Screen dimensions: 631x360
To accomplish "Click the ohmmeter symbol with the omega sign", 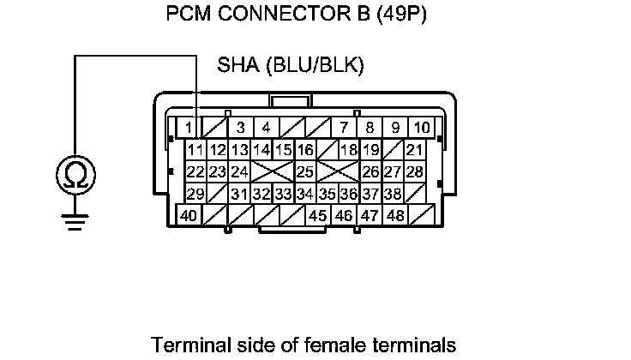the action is [75, 177].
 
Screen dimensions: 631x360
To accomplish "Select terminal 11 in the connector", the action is [195, 150].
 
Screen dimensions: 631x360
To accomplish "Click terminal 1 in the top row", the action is [187, 129].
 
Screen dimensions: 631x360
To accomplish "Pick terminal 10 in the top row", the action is [422, 129].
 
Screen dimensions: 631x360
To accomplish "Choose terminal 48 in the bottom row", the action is [395, 216].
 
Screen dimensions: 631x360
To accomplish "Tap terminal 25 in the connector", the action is [305, 172].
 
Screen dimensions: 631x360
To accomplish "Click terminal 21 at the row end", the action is [415, 150].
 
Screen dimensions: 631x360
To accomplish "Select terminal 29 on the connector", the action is [195, 194].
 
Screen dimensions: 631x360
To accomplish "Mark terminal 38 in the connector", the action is [394, 194].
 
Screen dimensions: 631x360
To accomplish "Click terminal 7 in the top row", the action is [344, 129].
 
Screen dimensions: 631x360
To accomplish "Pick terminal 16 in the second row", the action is [305, 150].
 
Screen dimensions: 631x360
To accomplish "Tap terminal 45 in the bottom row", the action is [318, 216].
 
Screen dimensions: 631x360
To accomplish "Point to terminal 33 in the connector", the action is [284, 194].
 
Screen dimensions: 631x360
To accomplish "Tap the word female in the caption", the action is [323, 345].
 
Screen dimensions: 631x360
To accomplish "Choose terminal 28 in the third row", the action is [415, 172].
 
